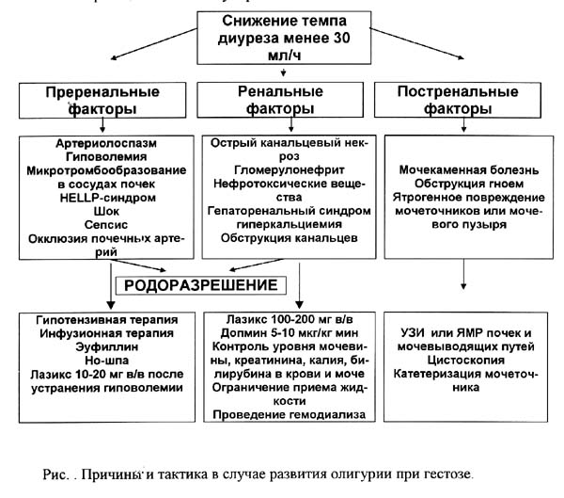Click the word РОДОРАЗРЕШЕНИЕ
201,285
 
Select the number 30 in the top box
341,38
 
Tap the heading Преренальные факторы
102,100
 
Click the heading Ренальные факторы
280,100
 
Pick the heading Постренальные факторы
458,100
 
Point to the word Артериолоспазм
106,143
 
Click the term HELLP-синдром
107,198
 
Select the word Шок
106,211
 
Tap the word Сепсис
106,225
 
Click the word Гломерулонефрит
290,170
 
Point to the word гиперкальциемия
290,224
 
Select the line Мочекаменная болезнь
469,170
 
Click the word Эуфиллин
107,347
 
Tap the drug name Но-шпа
107,361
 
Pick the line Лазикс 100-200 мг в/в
290,320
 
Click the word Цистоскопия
466,360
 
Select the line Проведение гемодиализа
290,415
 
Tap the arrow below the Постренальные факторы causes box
463,274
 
